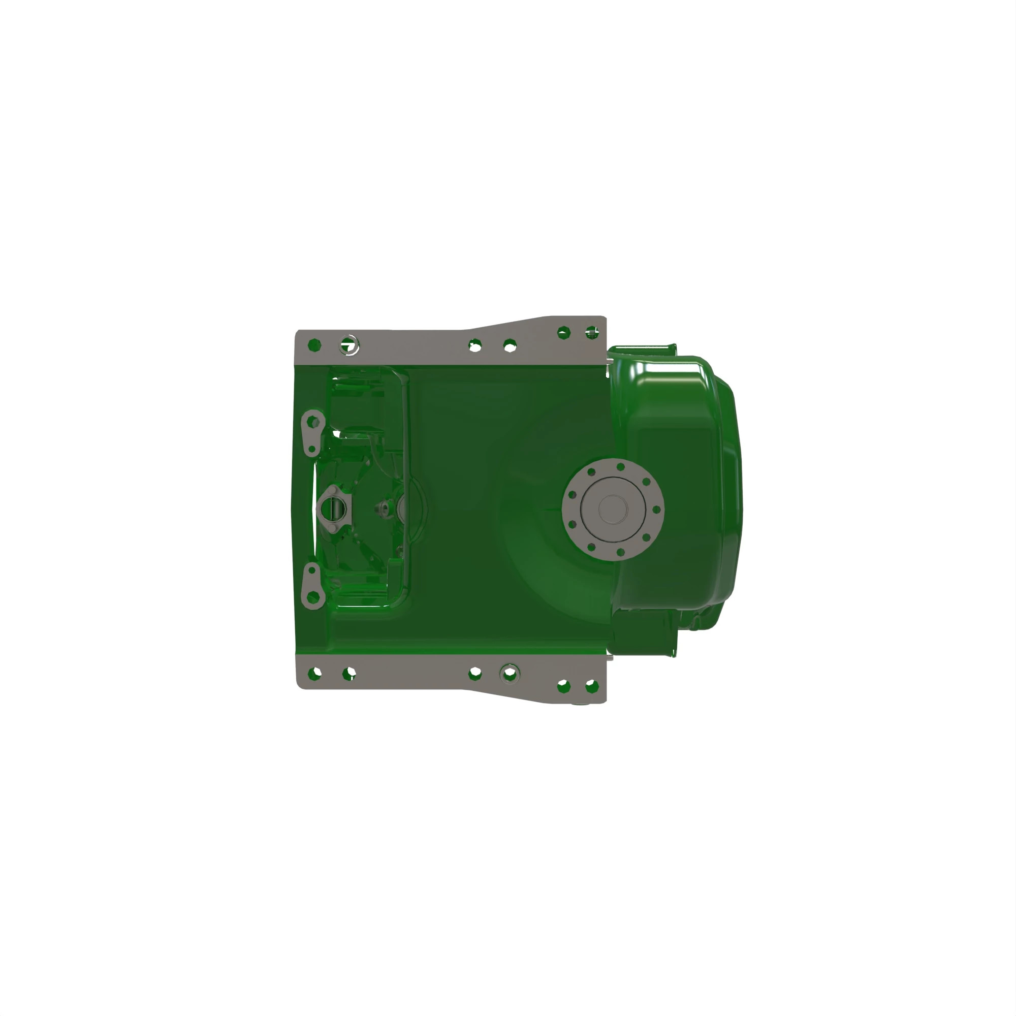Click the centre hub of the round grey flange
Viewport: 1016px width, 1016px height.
point(613,509)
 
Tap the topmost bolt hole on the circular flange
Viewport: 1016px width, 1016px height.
point(621,466)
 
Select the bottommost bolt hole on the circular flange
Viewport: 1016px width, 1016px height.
point(621,552)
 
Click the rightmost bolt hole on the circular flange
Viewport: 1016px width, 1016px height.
point(656,509)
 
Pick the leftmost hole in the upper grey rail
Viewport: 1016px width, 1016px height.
point(314,345)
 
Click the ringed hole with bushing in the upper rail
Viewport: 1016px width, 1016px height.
point(349,345)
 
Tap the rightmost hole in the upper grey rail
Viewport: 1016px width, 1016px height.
point(592,332)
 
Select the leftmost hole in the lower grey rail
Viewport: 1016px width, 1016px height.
point(314,673)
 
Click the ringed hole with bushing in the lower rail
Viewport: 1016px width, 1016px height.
point(510,673)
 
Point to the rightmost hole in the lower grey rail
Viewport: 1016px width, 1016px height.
point(592,686)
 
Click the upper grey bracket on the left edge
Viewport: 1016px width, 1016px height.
point(312,433)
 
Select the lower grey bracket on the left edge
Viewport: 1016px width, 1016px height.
point(312,585)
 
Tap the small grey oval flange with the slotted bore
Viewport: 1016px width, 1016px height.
point(332,509)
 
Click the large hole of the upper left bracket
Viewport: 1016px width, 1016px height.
point(313,421)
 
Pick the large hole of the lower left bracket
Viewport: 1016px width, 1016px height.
point(313,597)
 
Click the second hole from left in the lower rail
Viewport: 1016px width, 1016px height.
point(349,673)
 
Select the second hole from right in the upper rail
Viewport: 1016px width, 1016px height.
point(564,332)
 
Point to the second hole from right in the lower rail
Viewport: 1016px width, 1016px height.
point(563,686)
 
